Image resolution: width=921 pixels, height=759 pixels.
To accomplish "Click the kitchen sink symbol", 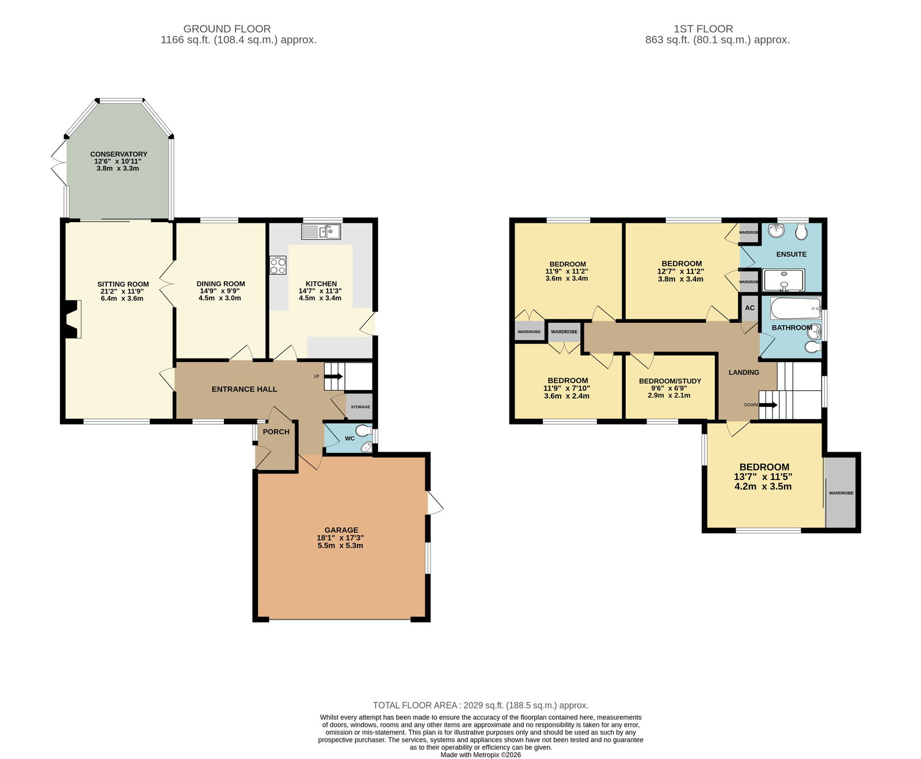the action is point(321,232).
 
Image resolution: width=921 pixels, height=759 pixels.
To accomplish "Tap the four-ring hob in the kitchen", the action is point(278,265).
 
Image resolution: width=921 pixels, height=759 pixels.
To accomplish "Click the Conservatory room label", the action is point(119,154).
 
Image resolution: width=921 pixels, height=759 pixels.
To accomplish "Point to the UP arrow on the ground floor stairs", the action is point(333,377).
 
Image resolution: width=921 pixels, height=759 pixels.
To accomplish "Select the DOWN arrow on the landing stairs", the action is point(768,405).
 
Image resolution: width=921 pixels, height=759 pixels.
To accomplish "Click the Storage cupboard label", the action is point(361,407).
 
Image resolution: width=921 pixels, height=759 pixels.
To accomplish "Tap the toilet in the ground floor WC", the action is point(363,430).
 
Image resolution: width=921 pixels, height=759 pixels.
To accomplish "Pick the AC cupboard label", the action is point(749,308).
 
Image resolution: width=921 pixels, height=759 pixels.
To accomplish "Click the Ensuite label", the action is point(791,254).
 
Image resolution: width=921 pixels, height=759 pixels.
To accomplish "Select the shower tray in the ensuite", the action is point(784,280).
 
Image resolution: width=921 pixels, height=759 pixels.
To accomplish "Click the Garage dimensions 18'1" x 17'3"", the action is point(340,537).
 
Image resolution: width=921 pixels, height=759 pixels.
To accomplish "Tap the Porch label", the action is point(276,432).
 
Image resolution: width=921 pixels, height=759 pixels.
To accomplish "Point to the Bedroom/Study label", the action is point(670,381).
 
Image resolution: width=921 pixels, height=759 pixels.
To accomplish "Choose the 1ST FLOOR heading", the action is point(703,29).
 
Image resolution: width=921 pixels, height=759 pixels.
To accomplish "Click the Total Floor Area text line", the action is point(481,705).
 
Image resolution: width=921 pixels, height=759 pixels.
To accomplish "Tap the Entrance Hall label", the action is point(245,389).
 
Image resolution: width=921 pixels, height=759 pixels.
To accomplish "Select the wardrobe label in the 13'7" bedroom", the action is point(841,493).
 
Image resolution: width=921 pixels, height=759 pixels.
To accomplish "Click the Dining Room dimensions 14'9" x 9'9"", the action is point(221,291).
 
